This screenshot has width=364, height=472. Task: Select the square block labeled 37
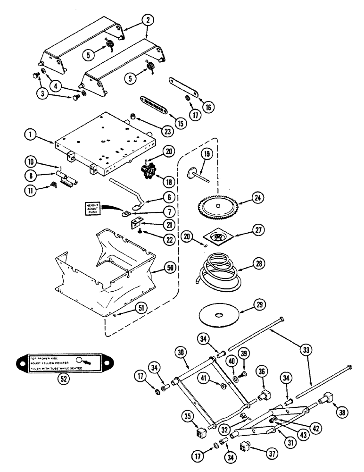[247, 446]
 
